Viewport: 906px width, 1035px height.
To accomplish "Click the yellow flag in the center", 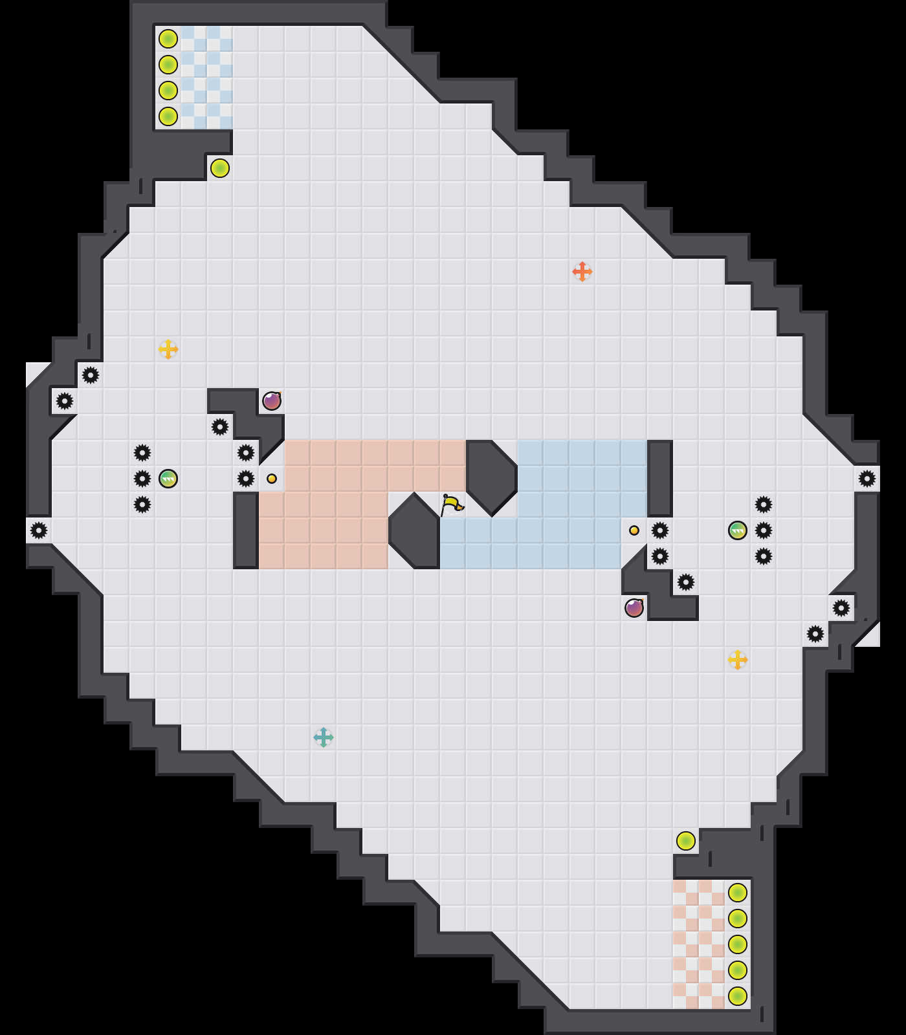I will click(451, 504).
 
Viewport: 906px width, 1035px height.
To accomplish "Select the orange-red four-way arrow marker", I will click(582, 272).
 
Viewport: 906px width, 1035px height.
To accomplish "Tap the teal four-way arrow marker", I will click(324, 737).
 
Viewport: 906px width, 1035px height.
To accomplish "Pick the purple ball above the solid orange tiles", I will click(272, 401).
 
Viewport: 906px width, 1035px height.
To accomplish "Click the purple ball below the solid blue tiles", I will click(634, 608).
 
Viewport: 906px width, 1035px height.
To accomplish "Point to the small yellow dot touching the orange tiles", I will click(272, 479).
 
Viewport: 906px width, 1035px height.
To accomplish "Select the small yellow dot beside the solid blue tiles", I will click(634, 530).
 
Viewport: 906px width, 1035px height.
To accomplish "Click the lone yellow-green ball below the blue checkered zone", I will click(220, 168).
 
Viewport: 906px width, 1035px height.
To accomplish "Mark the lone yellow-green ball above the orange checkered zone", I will click(686, 841).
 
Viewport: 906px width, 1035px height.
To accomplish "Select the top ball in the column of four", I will click(168, 39).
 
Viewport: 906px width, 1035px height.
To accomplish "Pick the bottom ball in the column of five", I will click(738, 996).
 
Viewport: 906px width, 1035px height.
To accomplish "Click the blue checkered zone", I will click(207, 78).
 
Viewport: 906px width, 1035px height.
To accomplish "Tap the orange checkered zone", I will click(699, 944).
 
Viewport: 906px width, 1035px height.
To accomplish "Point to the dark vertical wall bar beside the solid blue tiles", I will click(660, 479).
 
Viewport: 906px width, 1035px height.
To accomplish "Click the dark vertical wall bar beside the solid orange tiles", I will click(246, 530).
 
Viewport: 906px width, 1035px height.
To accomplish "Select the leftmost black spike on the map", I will click(39, 530).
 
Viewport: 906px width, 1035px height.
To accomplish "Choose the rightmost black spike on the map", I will click(867, 479).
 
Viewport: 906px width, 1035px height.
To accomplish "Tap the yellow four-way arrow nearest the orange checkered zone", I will click(738, 660).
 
